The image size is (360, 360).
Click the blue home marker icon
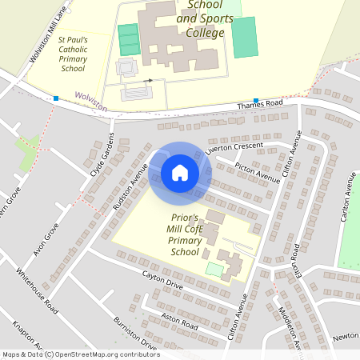coord(179,173)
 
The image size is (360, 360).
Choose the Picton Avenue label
coord(258,172)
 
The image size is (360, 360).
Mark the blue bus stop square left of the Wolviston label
coord(56,98)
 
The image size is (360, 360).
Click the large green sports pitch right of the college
coord(245,37)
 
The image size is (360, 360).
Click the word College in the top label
coord(205,33)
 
